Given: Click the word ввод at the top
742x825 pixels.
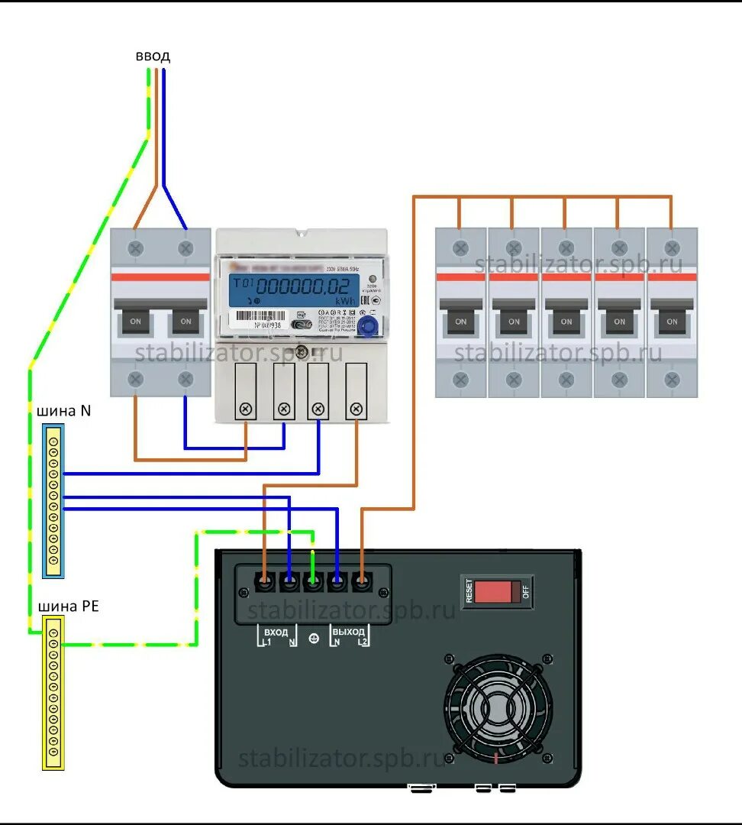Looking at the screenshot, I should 153,57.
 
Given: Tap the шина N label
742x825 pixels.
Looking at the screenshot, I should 63,411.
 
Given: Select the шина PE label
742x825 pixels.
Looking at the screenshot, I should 68,607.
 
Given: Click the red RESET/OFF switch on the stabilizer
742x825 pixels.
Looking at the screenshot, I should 497,591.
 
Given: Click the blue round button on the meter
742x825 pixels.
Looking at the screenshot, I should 367,327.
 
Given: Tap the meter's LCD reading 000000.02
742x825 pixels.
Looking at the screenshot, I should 305,286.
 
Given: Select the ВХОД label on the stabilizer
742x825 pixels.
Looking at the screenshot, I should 276,632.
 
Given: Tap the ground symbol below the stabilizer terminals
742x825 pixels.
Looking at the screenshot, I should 313,639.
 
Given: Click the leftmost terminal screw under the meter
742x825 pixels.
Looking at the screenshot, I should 245,409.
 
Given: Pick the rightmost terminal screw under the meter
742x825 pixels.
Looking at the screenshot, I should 355,409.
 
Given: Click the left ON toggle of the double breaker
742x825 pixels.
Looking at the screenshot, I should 136,321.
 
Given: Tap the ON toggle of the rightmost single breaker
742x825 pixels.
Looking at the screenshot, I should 672,321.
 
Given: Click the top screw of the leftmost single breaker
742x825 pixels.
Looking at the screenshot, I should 460,248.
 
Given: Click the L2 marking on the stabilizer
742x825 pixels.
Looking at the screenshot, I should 363,643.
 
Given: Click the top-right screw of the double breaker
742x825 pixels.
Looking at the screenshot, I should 185,248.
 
